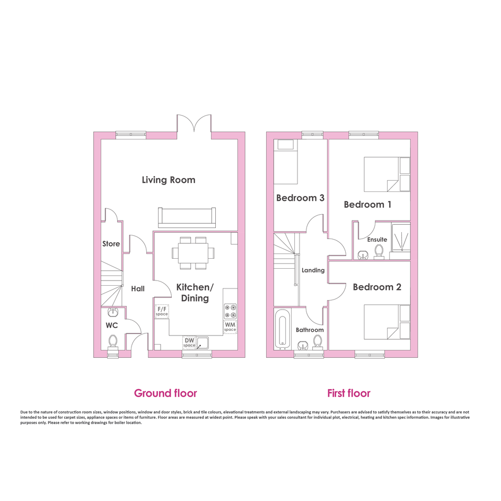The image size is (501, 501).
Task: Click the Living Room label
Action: coord(169,180)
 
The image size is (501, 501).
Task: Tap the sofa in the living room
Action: coord(187,217)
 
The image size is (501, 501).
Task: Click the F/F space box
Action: coord(162,311)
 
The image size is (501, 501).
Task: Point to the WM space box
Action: coord(230,327)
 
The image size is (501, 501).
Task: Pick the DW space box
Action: coord(189,342)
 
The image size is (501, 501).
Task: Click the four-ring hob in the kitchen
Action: coord(231,311)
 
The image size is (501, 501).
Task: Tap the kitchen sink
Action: coord(203,343)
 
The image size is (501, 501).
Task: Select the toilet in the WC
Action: coord(112,342)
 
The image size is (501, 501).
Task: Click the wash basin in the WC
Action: coord(113,312)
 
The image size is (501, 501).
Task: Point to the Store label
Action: coord(111,244)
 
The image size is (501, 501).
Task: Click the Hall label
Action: coord(138,289)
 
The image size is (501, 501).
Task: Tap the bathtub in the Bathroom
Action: coord(282,329)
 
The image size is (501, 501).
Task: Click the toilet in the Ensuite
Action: coord(379,251)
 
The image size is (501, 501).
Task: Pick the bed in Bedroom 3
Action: coord(286,162)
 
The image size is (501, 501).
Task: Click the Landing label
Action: coord(313,270)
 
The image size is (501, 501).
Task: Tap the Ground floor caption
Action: coord(165,393)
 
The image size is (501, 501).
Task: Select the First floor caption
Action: coord(349,393)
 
